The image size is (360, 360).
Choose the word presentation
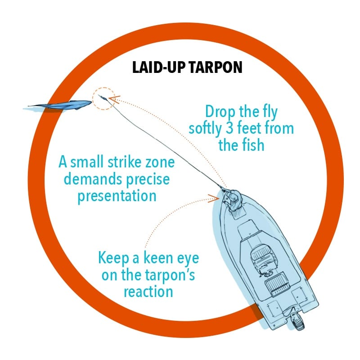117,196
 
